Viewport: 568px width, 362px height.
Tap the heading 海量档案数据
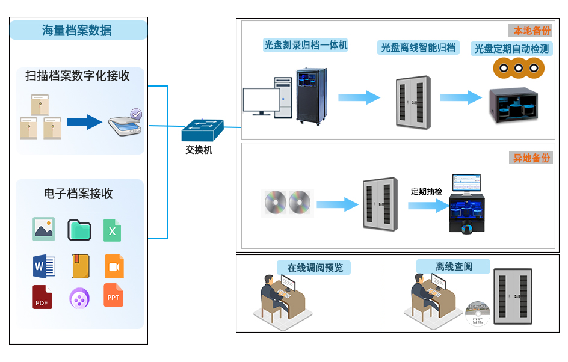(78, 30)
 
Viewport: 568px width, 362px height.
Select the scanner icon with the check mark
(125, 123)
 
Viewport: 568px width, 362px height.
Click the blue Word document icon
(44, 265)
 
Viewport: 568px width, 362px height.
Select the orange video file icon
(114, 265)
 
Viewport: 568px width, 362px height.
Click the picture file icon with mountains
(44, 229)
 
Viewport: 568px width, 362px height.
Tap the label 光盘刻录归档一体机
(306, 45)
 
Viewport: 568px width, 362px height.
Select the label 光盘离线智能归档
(418, 48)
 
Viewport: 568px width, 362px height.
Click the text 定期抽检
(426, 191)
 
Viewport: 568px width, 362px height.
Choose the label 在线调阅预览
(314, 267)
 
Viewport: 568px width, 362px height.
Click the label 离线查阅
(454, 266)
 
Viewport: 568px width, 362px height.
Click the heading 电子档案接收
(78, 194)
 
